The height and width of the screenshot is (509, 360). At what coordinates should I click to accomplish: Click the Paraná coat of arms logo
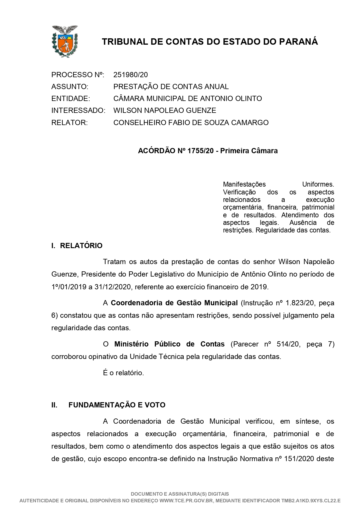64,41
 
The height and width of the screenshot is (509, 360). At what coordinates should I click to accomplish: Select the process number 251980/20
131,75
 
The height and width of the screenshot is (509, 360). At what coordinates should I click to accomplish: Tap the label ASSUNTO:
70,87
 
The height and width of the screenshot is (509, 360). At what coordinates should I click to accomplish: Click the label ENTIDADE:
70,99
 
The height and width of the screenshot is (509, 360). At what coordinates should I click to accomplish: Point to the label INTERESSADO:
78,111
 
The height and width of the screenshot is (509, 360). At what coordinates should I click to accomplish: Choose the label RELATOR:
69,122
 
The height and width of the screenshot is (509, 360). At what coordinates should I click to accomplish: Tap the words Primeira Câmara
249,151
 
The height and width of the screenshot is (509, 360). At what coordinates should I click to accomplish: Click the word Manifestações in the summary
244,184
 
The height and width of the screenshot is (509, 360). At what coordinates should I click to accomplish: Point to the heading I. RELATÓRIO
77,246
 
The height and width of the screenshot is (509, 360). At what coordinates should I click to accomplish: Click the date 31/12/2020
113,287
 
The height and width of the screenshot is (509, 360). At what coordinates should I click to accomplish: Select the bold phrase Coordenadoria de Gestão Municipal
174,303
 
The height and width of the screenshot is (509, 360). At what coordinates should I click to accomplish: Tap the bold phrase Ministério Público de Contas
169,344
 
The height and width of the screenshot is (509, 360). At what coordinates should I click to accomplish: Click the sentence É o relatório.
124,373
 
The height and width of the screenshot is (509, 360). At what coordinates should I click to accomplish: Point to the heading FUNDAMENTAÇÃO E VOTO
117,405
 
